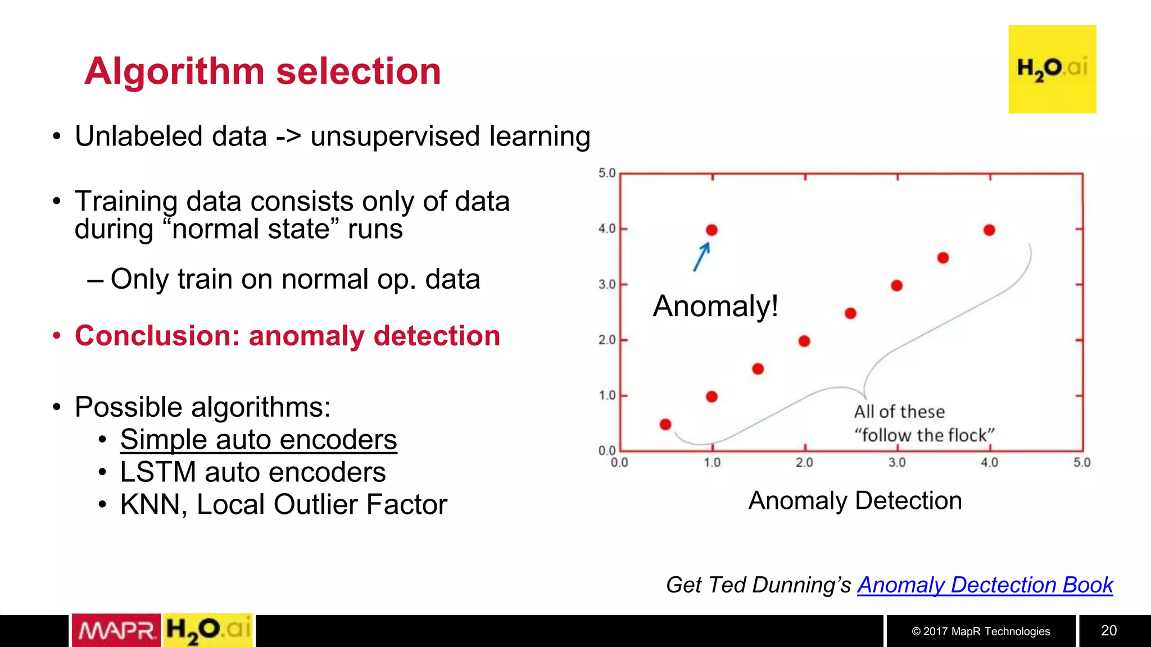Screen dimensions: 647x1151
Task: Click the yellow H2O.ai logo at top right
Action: tap(1052, 69)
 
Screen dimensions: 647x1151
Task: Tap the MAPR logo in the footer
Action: tap(116, 630)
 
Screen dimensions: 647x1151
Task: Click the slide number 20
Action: tap(1108, 630)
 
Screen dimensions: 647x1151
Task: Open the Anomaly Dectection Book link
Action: tap(985, 585)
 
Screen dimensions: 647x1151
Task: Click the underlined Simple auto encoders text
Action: tap(258, 439)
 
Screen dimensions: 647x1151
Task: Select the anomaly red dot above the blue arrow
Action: tap(712, 230)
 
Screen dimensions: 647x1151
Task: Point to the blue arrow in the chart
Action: tap(701, 257)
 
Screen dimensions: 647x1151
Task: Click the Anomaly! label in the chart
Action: tap(715, 307)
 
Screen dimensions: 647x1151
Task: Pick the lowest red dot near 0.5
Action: tap(665, 424)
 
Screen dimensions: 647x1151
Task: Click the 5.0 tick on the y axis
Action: tap(607, 173)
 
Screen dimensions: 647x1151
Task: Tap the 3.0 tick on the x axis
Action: tap(897, 463)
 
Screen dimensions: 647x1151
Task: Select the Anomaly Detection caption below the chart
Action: tap(855, 500)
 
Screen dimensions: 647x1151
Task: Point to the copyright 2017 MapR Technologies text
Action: tap(981, 631)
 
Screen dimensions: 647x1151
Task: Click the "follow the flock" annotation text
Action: tap(924, 435)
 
